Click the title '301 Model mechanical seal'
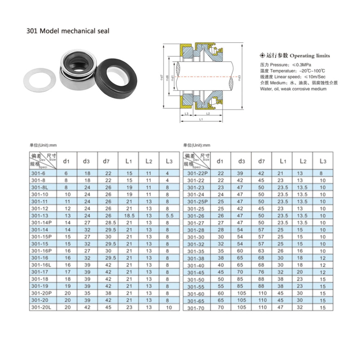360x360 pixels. pos(68,31)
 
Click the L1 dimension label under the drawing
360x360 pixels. pos(200,119)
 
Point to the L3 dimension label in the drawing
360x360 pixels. pos(186,113)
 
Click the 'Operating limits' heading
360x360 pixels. pos(310,56)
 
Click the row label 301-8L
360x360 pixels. pos(40,188)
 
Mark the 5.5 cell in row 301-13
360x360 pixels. pos(170,216)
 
